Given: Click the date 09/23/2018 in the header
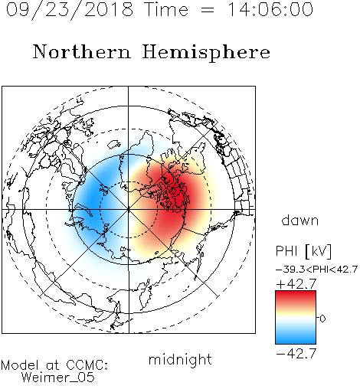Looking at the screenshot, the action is point(70,10).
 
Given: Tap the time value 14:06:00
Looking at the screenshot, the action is point(270,9).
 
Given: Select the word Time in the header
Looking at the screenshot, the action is point(166,9).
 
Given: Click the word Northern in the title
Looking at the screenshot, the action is point(82,51).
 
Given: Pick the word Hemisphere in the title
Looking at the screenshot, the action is point(206,53).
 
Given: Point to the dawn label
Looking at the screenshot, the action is point(300,220).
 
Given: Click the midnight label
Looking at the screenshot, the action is point(180,359).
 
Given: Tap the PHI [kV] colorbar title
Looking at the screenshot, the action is point(303,251).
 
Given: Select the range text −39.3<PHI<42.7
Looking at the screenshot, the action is point(316,270).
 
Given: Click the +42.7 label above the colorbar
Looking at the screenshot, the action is point(296,284).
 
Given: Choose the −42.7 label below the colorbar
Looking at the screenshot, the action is point(296,353).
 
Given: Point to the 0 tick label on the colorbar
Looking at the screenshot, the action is point(322,319).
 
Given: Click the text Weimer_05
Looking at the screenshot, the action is point(58,378).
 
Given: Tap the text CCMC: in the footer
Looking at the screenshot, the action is point(87,365).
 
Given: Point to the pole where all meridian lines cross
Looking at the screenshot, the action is point(129,210).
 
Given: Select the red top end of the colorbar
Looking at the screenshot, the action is point(296,293).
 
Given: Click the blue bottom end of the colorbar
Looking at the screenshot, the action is point(296,342).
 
